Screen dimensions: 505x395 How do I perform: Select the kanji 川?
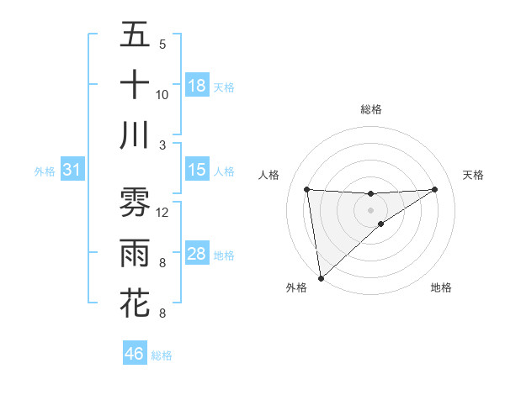tap(135, 135)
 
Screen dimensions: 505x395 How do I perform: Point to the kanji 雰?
tap(135, 202)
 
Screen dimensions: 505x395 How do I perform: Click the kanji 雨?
tap(135, 252)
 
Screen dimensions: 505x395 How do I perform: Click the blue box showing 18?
tap(197, 86)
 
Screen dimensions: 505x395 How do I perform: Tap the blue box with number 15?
tap(197, 170)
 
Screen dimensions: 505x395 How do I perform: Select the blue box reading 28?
tap(197, 254)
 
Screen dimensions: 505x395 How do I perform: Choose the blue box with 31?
tap(72, 171)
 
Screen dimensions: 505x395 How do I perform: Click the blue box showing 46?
tap(134, 353)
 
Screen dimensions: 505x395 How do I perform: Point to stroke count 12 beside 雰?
tap(163, 213)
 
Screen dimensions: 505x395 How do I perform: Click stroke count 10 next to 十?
tap(162, 95)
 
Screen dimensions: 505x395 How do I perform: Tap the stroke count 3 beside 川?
tap(162, 145)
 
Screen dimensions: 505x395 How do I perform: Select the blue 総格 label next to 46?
tap(162, 355)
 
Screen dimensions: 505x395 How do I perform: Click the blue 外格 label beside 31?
tap(45, 171)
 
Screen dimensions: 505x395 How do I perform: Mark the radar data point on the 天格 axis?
tap(434, 189)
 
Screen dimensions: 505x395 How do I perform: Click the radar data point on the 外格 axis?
tap(321, 277)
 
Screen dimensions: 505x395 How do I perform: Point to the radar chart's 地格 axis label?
tap(441, 288)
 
